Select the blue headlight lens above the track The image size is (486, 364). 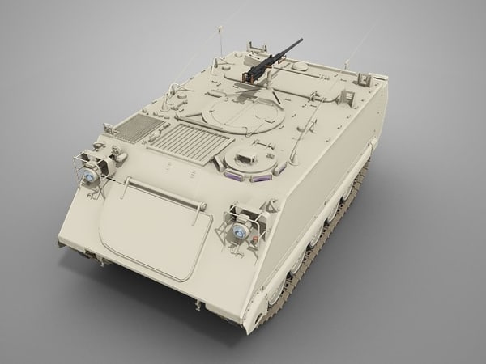[x=240, y=230]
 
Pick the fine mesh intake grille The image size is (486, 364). [x=136, y=128]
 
